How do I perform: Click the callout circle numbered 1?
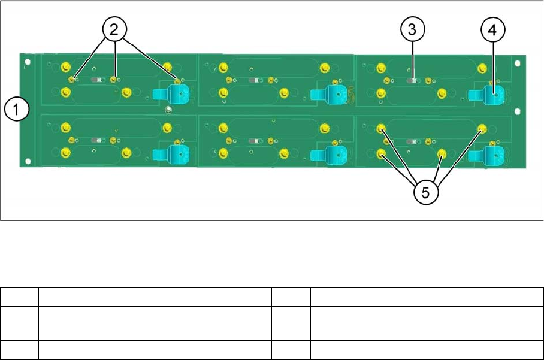click(17, 110)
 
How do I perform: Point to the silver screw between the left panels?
click(169, 109)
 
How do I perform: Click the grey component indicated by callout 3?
click(413, 79)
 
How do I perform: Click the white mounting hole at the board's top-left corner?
click(26, 60)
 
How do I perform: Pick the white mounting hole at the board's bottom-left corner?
click(26, 160)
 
